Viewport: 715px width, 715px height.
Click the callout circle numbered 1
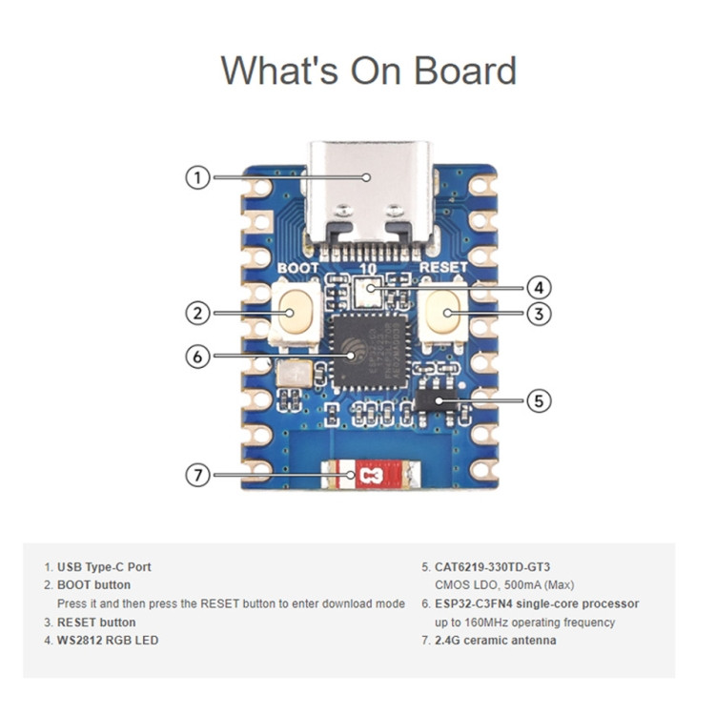point(197,177)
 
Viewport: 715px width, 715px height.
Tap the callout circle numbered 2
point(197,313)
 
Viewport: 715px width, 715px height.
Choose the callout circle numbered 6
point(197,356)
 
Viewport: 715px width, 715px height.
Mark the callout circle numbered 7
point(197,474)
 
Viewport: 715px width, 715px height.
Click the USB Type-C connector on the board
point(371,190)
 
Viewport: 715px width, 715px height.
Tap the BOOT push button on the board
point(296,313)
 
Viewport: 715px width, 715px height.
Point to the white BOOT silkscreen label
point(297,270)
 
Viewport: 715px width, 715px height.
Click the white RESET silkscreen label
point(443,270)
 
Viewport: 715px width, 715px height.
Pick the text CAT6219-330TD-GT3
point(492,566)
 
